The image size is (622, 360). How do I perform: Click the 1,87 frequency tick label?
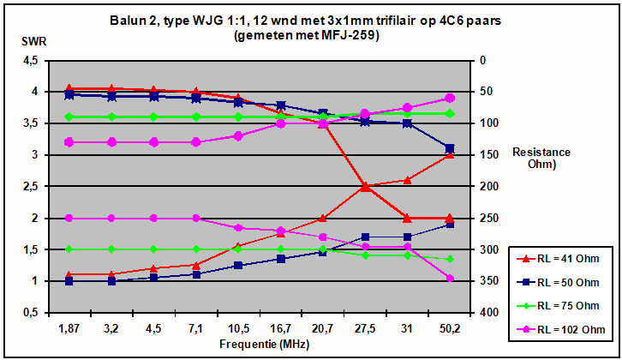69,328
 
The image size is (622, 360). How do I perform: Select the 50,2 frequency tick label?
449,328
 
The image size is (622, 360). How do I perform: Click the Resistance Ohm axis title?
541,158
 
